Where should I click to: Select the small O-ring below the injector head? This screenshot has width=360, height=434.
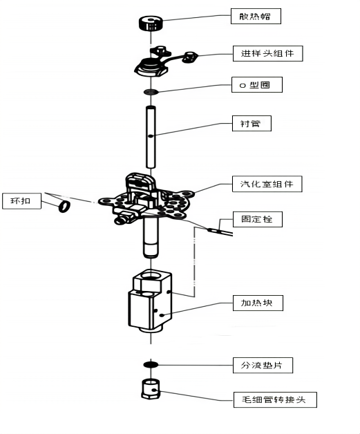coord(151,92)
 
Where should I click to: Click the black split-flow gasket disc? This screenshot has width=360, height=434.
coord(151,364)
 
